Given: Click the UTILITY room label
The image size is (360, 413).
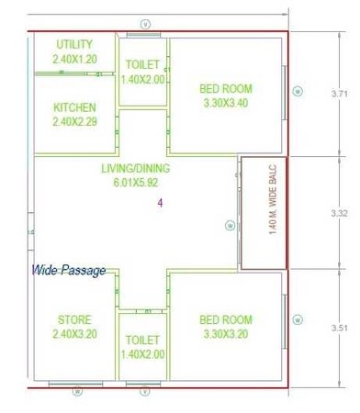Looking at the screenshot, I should [x=73, y=44].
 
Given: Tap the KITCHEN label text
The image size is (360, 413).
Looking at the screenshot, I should [x=74, y=107].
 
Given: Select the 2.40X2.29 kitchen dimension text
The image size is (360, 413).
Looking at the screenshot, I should [x=74, y=121].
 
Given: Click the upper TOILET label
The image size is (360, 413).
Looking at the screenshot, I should [x=142, y=65].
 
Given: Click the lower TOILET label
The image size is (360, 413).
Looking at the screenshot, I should [x=142, y=340].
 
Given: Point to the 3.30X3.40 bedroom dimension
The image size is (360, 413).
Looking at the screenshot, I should [x=225, y=103].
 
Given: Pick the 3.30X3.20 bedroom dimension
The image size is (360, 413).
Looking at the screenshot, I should [x=225, y=333].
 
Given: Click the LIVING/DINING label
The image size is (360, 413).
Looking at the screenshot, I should [x=135, y=169].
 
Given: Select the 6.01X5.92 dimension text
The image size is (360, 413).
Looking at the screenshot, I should [x=135, y=183].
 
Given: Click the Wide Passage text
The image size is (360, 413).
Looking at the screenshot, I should [x=69, y=270].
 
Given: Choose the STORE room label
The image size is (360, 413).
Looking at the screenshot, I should [x=74, y=319].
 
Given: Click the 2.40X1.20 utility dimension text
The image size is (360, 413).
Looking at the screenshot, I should [x=73, y=58].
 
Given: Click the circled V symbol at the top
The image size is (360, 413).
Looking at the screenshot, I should [x=144, y=23].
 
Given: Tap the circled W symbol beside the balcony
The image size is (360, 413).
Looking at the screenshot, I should [x=230, y=225].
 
